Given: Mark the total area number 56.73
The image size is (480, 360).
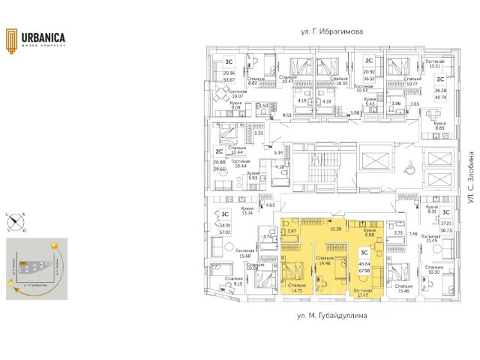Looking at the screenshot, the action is pyautogui.click(x=447, y=231).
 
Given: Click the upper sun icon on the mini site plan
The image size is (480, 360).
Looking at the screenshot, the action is pyautogui.click(x=53, y=245).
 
